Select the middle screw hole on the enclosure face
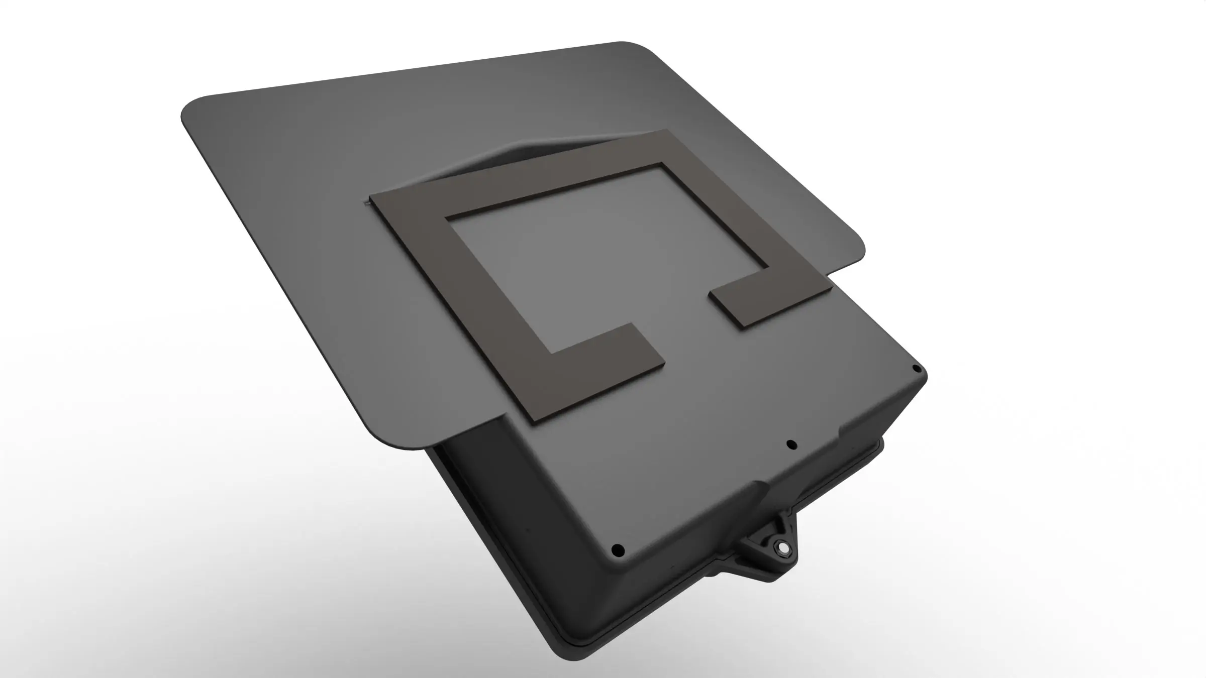point(792,444)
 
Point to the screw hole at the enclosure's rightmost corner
point(917,369)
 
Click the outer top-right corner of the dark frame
point(667,131)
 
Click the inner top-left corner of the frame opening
point(447,217)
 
